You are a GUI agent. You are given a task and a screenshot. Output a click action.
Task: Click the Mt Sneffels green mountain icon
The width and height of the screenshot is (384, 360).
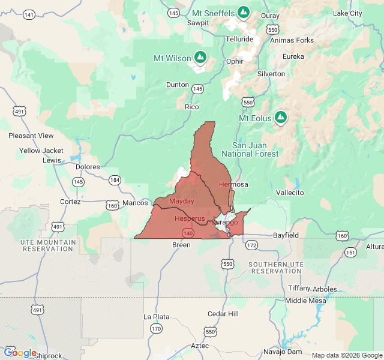tap(243, 12)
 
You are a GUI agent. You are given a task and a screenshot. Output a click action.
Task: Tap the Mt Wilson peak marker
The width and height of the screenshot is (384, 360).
tap(200, 58)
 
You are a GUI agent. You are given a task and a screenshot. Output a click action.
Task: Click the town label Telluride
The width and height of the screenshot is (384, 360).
tap(239, 39)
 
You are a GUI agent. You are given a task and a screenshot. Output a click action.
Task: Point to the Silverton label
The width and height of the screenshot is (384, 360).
tap(271, 74)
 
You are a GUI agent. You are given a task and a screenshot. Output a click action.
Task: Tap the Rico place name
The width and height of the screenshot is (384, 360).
tap(191, 107)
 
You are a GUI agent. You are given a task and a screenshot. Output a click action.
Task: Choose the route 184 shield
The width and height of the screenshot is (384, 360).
tap(115, 180)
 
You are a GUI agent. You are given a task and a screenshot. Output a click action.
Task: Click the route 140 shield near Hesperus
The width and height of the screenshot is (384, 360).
tap(188, 232)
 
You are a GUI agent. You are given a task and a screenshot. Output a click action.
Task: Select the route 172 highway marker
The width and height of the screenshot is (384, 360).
tap(251, 245)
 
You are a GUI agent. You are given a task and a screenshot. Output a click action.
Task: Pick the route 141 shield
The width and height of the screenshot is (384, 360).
tap(29, 14)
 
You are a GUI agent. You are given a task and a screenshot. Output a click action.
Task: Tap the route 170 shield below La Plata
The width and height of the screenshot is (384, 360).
tap(156, 328)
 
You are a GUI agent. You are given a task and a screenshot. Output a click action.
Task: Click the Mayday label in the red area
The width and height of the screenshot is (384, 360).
tap(182, 201)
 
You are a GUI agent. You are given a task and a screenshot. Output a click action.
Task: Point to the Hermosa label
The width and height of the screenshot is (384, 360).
tap(233, 184)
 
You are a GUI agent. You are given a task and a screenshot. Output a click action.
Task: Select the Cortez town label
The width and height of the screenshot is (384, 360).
tap(70, 202)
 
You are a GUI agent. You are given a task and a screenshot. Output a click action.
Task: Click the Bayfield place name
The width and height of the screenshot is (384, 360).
tap(286, 235)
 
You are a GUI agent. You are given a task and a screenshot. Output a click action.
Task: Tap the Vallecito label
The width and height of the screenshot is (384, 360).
tap(290, 193)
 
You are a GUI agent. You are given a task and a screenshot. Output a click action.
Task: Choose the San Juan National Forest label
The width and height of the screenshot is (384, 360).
tap(250, 149)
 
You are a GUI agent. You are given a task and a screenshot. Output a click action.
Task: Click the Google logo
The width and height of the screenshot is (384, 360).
tap(20, 353)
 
